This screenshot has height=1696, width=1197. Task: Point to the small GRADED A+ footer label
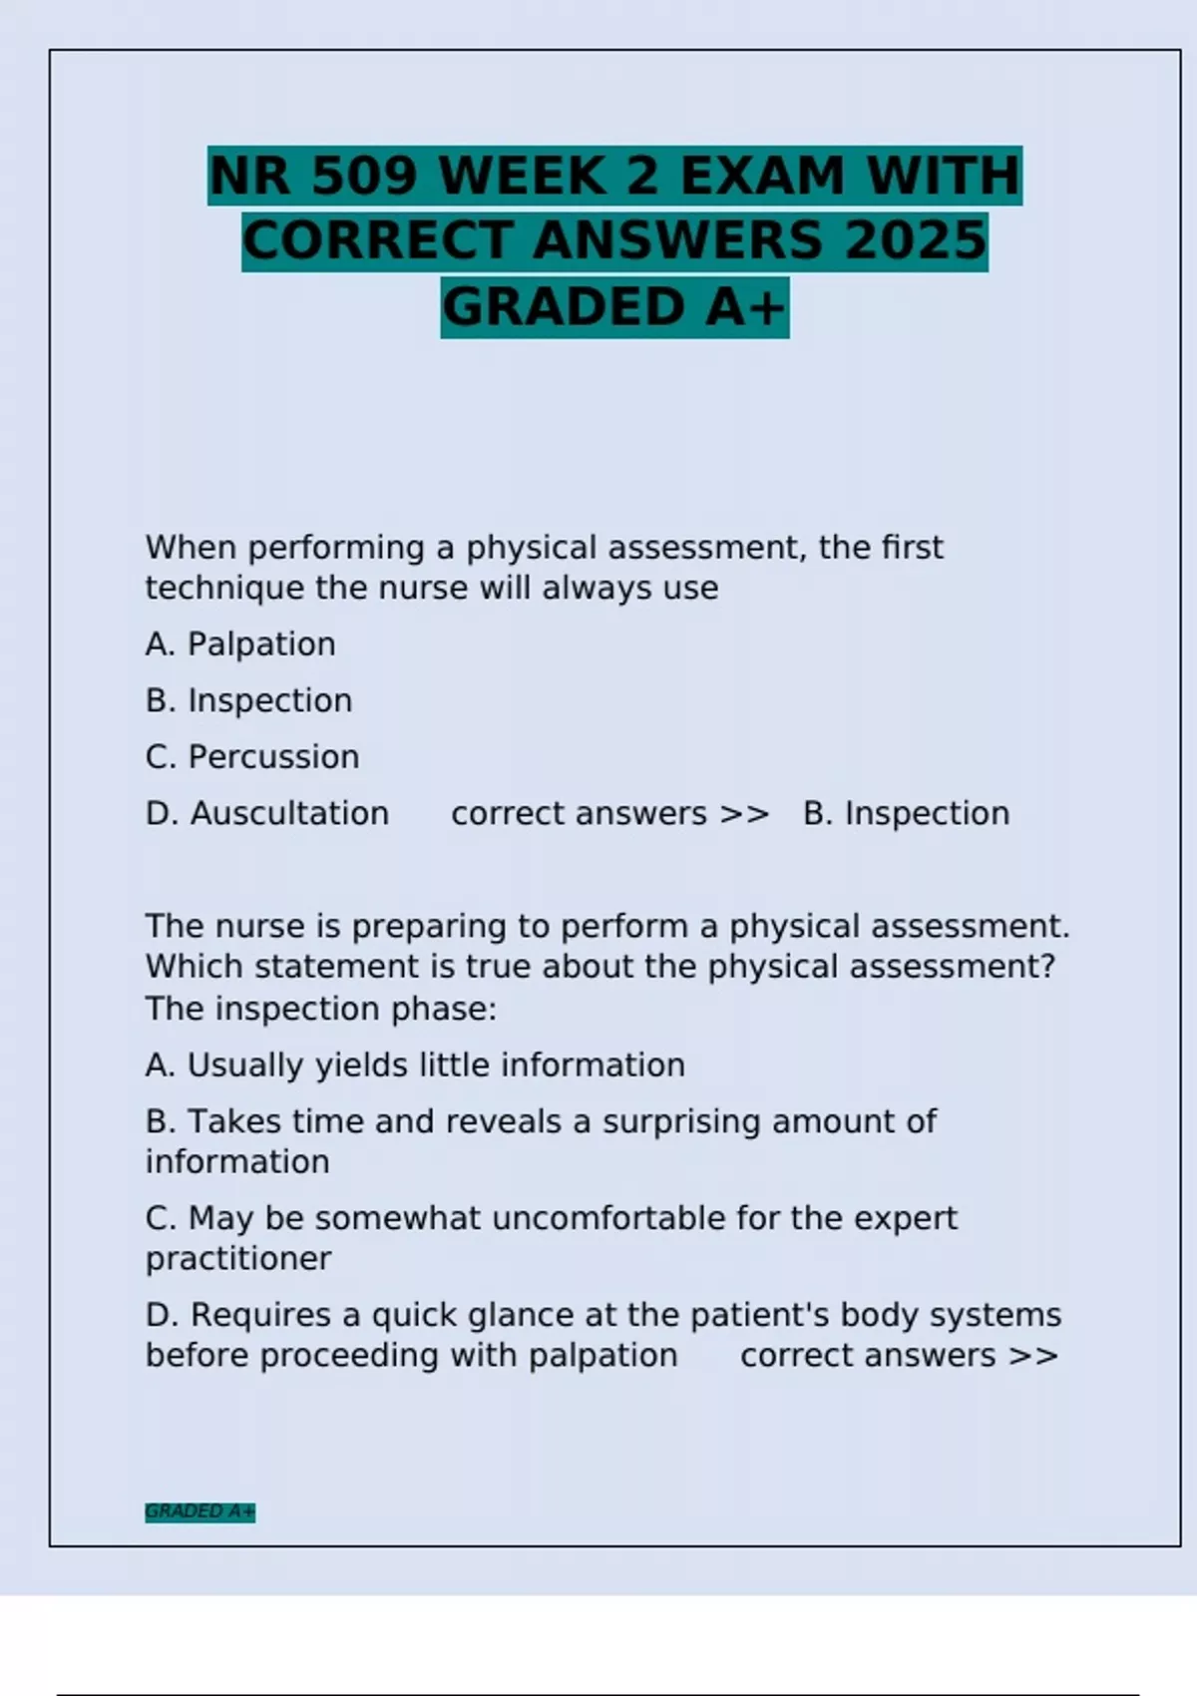(x=199, y=1511)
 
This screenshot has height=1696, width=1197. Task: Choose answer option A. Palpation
(x=240, y=644)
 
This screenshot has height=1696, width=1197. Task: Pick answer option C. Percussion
(x=252, y=757)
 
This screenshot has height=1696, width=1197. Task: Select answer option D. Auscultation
(x=267, y=814)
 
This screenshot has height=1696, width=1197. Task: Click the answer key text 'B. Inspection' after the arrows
(x=906, y=814)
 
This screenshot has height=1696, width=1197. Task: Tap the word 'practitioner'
(x=238, y=1259)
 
